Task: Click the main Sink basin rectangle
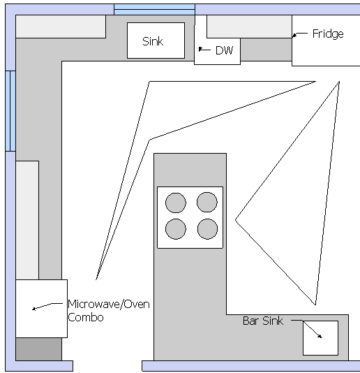156,41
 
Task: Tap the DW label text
225,50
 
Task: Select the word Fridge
328,34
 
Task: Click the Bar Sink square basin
320,338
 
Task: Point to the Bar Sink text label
263,321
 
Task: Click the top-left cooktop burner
176,203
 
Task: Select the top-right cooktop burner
207,202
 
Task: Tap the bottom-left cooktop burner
176,229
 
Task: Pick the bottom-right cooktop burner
207,229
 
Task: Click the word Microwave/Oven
109,305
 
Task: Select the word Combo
86,318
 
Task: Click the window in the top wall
154,10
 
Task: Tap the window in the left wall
10,111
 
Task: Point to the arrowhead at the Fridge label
294,35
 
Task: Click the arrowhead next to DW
201,49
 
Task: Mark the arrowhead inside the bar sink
320,336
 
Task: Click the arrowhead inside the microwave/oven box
34,309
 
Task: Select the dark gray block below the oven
39,349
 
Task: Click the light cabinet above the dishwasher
249,27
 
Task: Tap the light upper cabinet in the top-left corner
61,27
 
